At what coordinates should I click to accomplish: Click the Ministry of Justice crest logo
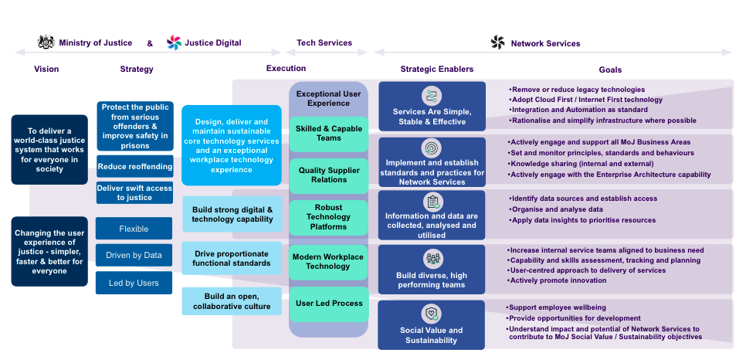46,42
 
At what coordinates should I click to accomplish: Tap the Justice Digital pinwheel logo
174,42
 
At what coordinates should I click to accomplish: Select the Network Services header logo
497,42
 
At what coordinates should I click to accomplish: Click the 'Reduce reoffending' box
134,166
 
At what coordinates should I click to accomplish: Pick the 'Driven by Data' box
134,255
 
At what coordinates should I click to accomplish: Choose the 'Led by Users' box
134,283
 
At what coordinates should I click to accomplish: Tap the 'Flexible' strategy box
134,229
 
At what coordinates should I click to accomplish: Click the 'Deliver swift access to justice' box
134,192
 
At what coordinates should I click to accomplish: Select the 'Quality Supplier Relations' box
328,175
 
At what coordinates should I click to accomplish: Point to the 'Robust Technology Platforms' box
328,217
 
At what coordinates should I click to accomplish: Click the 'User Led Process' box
328,304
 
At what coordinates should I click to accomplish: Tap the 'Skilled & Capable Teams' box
328,134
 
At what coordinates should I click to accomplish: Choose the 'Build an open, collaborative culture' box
232,301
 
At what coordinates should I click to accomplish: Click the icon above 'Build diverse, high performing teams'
432,259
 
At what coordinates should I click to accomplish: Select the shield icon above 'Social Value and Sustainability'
432,314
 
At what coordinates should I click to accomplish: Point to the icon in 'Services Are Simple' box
432,97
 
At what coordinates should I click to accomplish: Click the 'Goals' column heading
609,70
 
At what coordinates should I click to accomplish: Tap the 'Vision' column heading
46,70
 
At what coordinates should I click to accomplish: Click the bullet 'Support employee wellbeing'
551,307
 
